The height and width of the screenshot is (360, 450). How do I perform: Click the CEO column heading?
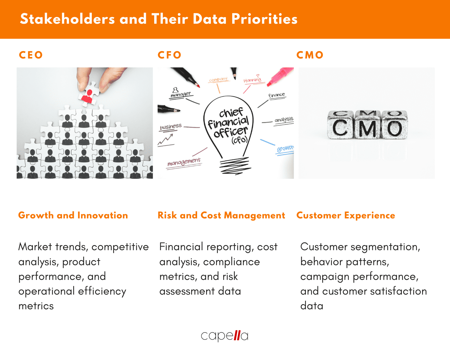(x=31, y=55)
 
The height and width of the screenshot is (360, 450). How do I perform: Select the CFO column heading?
(x=169, y=55)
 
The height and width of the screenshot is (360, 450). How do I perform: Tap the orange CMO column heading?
(x=310, y=55)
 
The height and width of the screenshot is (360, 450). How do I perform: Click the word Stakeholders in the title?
(x=67, y=19)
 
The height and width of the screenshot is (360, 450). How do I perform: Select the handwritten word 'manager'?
(x=180, y=94)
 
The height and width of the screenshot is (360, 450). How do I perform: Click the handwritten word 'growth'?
(x=285, y=148)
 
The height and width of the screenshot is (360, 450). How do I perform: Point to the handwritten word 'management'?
(x=184, y=162)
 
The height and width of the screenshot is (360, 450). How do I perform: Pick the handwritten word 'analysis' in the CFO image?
(x=284, y=120)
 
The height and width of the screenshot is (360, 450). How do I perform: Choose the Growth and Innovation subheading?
(x=73, y=215)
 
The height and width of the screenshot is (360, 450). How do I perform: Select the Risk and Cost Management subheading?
(x=221, y=215)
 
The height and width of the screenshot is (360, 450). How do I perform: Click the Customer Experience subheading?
(x=346, y=215)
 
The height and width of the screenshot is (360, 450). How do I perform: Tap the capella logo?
(x=224, y=335)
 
